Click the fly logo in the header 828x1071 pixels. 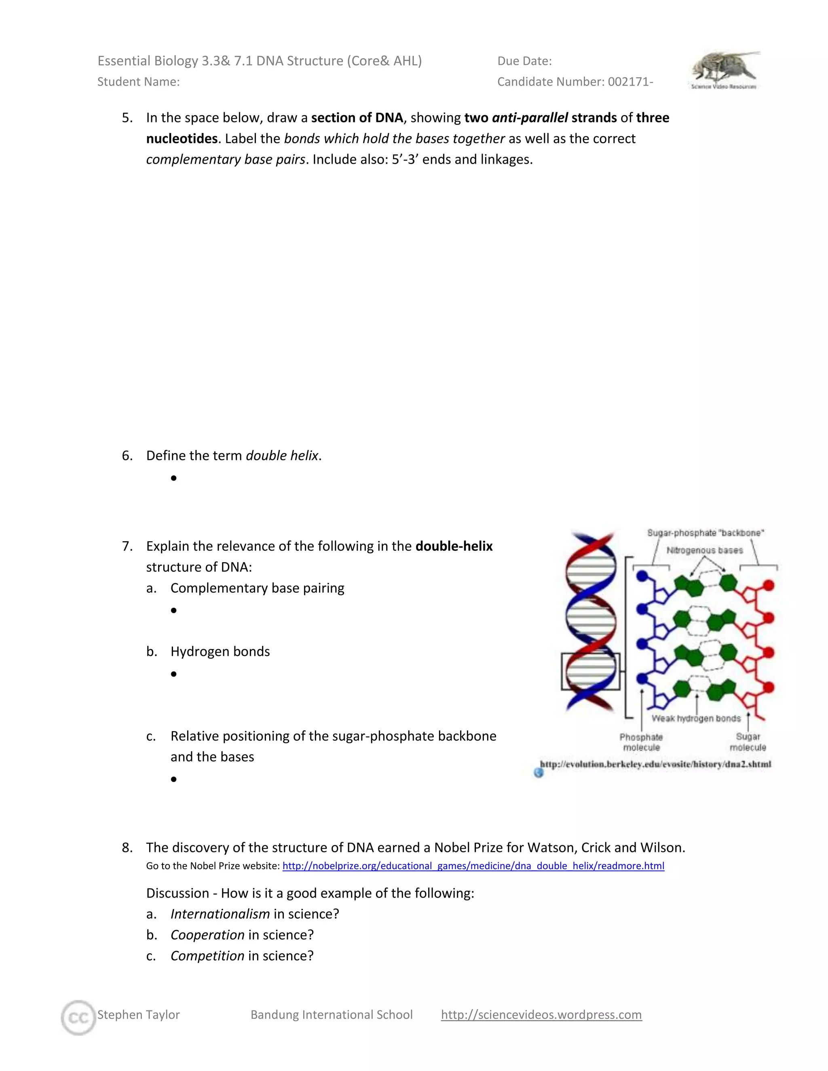point(725,70)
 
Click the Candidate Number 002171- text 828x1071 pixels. point(575,82)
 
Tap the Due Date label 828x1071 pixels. point(524,61)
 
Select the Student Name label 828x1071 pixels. point(138,82)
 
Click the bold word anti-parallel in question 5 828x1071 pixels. point(529,118)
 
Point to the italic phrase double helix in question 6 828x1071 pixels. point(282,456)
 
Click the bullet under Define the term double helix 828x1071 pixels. point(173,478)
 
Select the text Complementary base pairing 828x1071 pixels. point(257,588)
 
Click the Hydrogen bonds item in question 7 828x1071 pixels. point(220,652)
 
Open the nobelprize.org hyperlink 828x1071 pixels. point(473,866)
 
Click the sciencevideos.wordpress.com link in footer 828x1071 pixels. point(541,1014)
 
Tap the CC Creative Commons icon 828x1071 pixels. point(78,1018)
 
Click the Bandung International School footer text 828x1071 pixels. point(332,1014)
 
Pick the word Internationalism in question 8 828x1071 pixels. point(220,914)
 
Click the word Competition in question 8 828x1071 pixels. point(207,956)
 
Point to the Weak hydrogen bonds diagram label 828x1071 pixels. point(695,719)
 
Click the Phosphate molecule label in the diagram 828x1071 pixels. point(641,742)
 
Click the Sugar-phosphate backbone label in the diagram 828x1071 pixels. point(705,533)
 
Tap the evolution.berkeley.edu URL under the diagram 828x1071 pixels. point(655,764)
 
